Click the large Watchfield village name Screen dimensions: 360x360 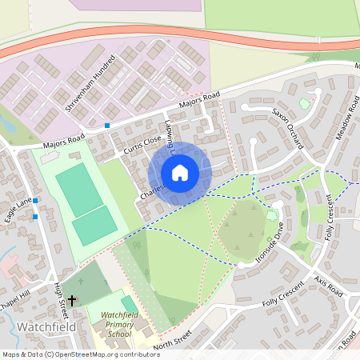46,327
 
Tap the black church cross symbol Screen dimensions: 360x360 73,301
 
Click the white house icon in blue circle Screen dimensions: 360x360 179,172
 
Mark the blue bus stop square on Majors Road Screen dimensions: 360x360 107,125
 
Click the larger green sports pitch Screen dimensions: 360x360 79,189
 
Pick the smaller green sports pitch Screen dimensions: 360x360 94,226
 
